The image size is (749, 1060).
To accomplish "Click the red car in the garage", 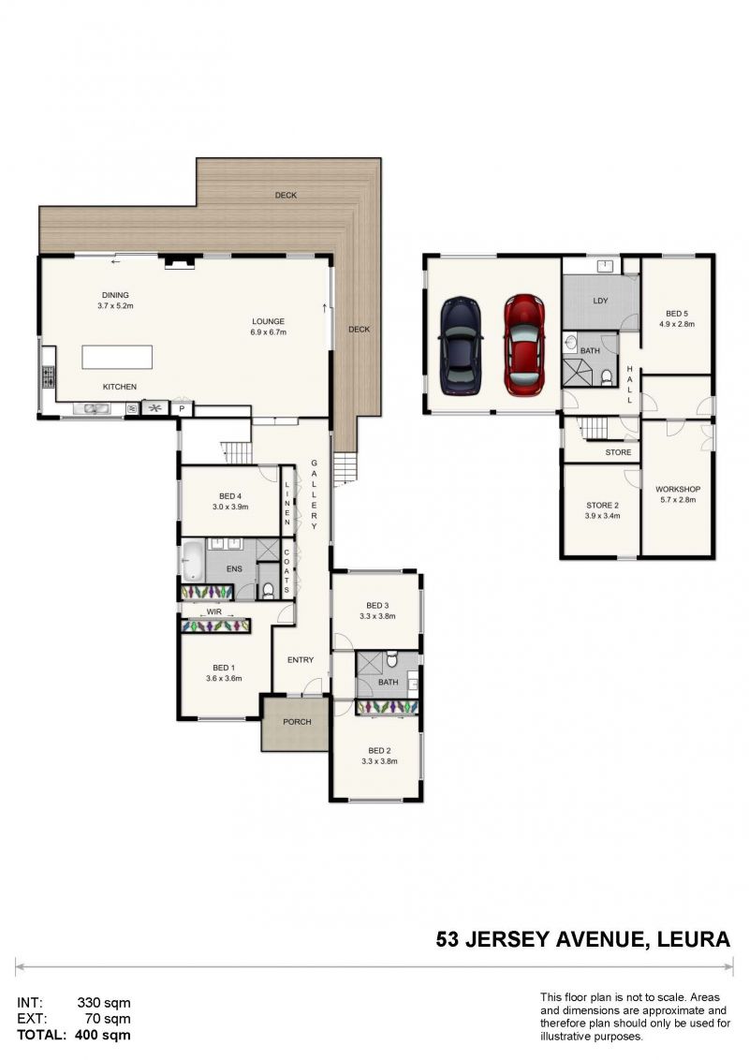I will click(x=524, y=344).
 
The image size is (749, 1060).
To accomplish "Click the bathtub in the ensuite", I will click(x=192, y=559).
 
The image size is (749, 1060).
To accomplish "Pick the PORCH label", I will click(x=296, y=722).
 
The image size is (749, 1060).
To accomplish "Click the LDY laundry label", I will click(x=600, y=301).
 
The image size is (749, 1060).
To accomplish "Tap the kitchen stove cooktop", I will click(x=49, y=376).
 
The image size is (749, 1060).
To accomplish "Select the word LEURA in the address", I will click(x=691, y=939).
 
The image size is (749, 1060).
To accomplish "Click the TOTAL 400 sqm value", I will click(x=107, y=1035).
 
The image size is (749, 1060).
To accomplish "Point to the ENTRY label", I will click(x=301, y=659).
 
